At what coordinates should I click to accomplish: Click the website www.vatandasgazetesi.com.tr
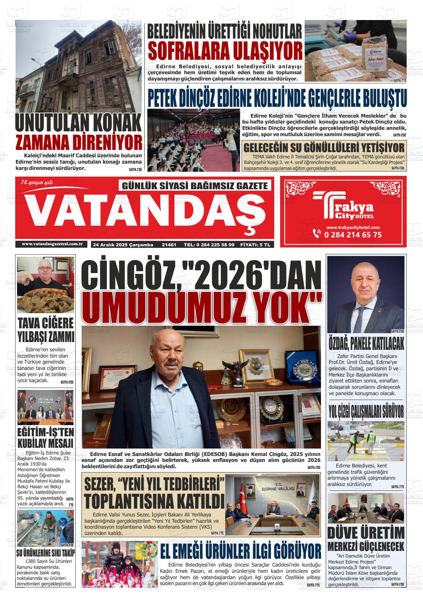[x=52, y=244]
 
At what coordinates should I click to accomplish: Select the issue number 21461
[x=169, y=245]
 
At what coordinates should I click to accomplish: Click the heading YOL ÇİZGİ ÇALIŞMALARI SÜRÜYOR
[x=366, y=411]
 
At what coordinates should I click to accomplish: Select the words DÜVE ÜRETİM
[x=366, y=533]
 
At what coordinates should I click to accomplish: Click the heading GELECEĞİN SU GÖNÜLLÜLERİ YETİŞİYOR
[x=323, y=147]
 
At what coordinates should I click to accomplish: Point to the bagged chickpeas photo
[x=355, y=51]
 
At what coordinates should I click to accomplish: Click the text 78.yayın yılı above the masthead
[x=37, y=182]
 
